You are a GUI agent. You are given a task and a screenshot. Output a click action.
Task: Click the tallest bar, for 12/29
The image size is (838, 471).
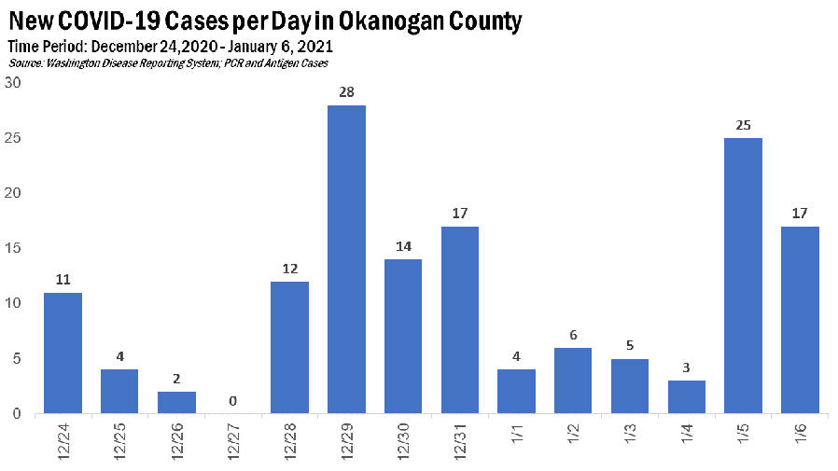346,259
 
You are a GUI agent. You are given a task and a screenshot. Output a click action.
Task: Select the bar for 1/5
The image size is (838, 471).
743,275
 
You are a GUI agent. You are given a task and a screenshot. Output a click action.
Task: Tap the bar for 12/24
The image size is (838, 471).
63,353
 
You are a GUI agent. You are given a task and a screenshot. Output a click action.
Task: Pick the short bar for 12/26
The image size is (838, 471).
176,402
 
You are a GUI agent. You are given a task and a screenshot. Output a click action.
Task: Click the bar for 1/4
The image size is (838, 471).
686,396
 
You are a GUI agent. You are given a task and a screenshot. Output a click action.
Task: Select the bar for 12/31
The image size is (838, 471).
459,320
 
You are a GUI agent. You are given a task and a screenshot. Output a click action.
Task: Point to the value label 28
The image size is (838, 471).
346,92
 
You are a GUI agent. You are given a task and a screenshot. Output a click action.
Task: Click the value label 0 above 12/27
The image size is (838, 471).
233,401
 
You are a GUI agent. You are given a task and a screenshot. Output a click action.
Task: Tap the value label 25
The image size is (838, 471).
743,125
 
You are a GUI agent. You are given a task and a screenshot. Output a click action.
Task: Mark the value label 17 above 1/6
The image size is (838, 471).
800,214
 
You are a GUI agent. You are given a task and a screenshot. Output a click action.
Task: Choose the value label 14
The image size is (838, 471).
403,246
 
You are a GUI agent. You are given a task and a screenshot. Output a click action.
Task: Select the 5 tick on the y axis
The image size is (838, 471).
16,358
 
